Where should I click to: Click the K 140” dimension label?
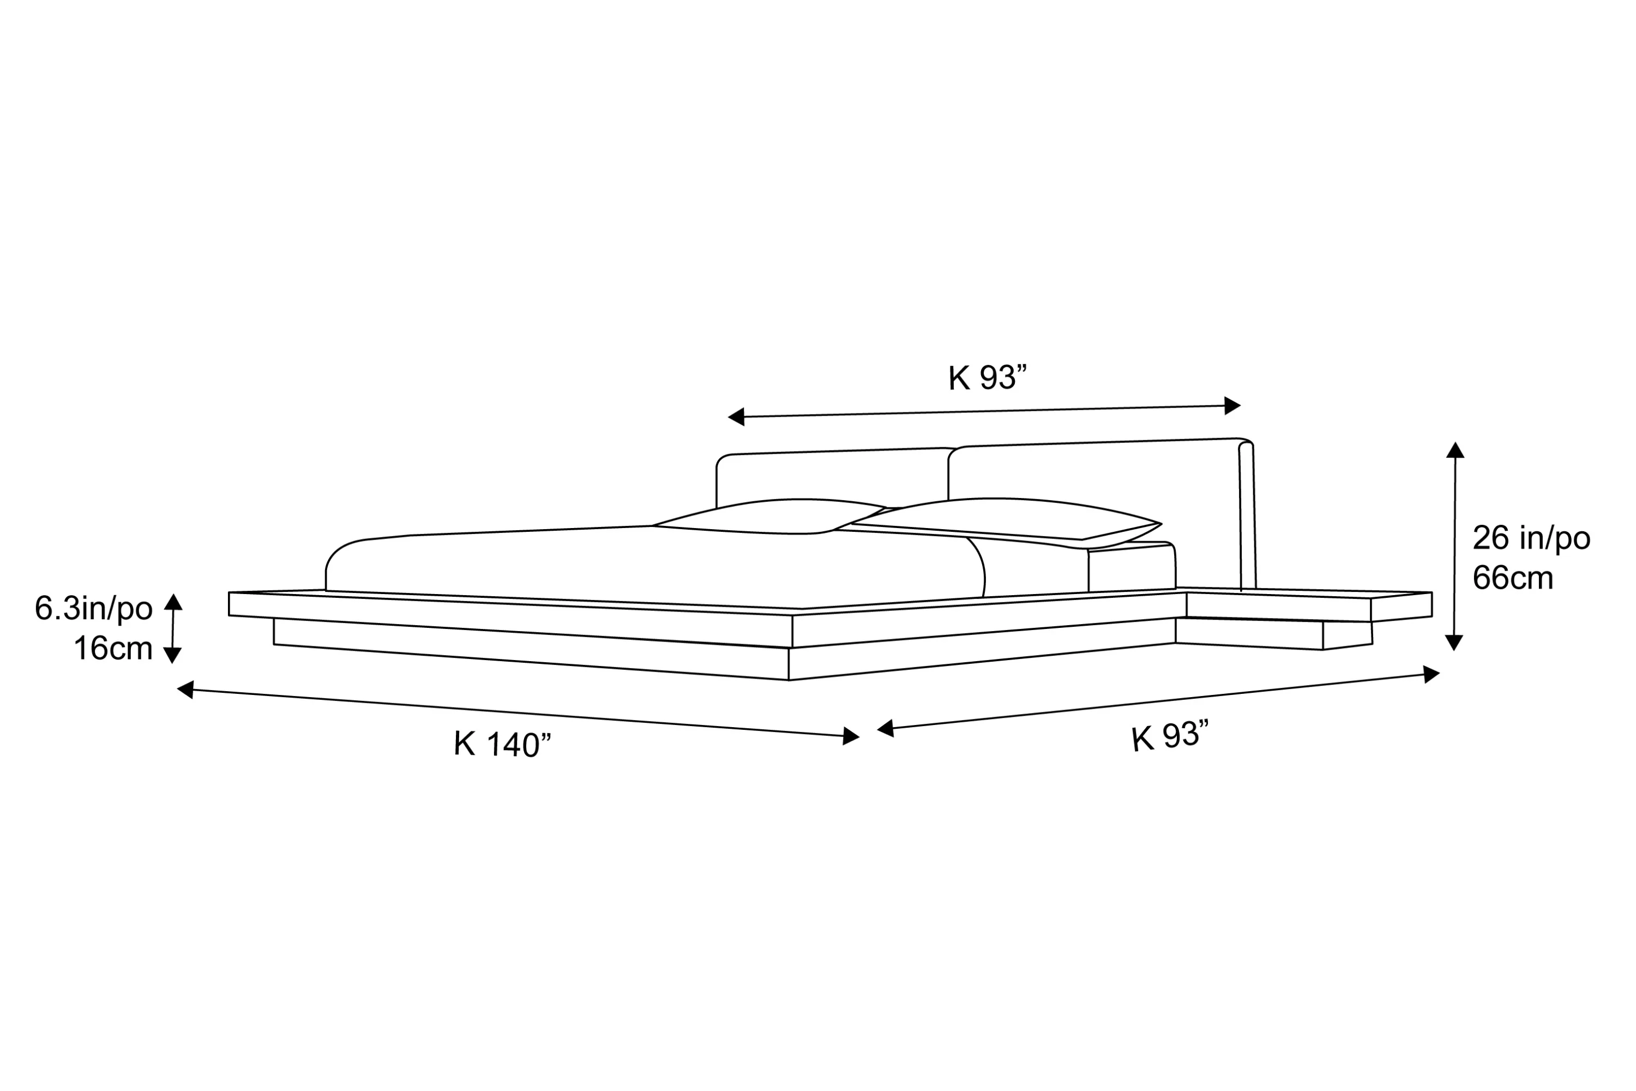click(502, 745)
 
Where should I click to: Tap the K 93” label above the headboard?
click(988, 378)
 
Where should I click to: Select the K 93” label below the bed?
click(1170, 738)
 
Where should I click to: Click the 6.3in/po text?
click(94, 609)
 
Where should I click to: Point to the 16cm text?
click(113, 649)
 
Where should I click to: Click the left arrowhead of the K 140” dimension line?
click(185, 689)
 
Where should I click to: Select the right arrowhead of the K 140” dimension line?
click(851, 736)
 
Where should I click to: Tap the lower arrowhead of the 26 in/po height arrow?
click(1454, 643)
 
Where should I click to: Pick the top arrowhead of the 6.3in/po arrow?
click(173, 602)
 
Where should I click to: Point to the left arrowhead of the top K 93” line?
click(736, 417)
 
